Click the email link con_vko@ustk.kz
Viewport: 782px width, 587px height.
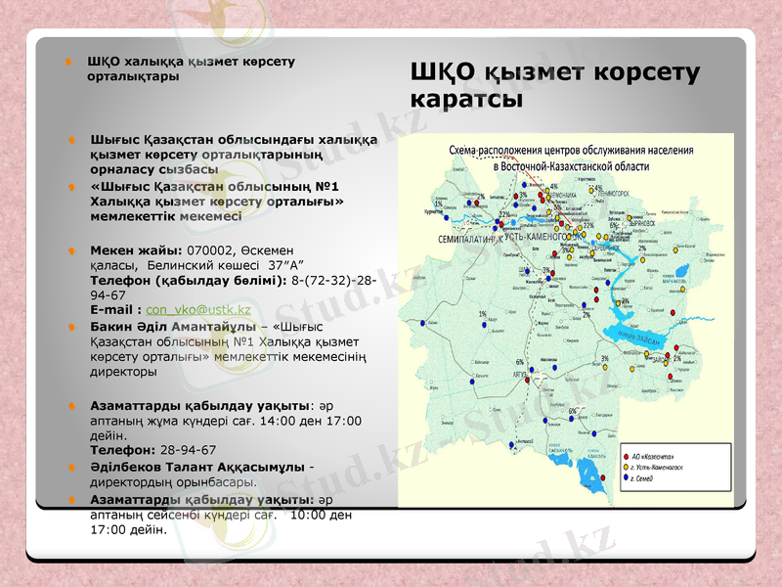click(x=198, y=310)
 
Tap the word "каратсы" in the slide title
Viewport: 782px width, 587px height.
click(x=466, y=100)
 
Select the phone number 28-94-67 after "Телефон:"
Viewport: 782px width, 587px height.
click(x=189, y=450)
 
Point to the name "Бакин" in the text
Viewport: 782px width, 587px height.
click(x=109, y=326)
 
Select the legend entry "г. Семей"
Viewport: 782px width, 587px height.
click(x=649, y=479)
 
